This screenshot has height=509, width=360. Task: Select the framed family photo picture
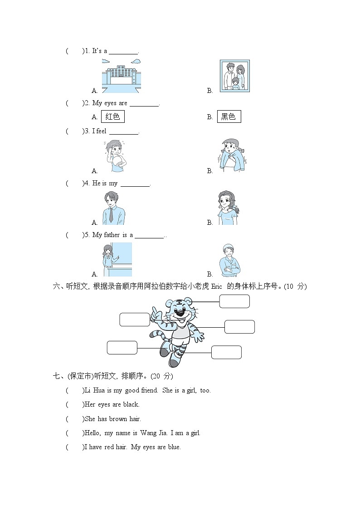pyautogui.click(x=234, y=76)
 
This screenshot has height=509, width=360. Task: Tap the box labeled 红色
pyautogui.click(x=112, y=116)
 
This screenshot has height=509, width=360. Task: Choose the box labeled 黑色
pyautogui.click(x=229, y=116)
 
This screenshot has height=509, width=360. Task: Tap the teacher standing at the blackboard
pyautogui.click(x=117, y=259)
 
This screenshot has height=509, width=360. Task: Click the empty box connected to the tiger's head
pyautogui.click(x=234, y=301)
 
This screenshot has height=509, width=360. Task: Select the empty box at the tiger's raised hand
pyautogui.click(x=135, y=320)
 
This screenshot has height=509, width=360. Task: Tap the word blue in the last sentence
pyautogui.click(x=174, y=447)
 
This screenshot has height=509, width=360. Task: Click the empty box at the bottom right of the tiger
pyautogui.click(x=226, y=352)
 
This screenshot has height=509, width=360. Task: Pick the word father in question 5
pyautogui.click(x=112, y=235)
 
